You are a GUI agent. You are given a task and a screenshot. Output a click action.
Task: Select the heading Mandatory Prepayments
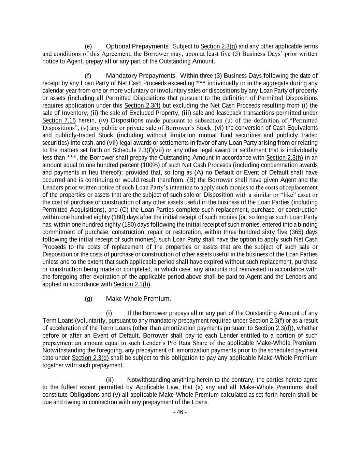click(x=141, y=76)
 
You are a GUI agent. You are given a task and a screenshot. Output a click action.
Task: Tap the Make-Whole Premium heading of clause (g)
click(x=138, y=299)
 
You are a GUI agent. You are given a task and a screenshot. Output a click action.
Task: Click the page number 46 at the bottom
click(x=180, y=412)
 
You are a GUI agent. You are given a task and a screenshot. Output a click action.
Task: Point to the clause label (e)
click(x=88, y=46)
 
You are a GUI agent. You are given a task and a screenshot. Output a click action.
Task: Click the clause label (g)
click(x=88, y=299)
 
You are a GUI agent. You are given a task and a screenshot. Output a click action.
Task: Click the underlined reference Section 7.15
click(x=59, y=121)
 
